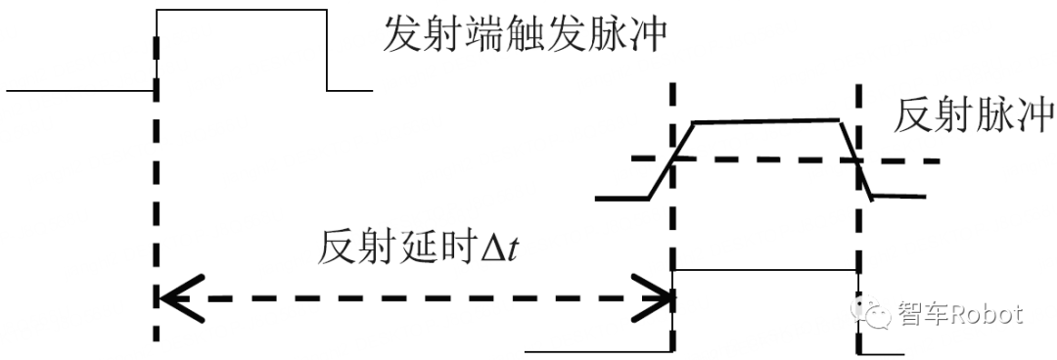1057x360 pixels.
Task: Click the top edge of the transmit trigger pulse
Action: (241, 10)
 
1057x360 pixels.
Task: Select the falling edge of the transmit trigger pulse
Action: (326, 49)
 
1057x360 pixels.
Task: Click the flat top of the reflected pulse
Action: (766, 121)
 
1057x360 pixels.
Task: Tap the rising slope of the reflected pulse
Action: (671, 160)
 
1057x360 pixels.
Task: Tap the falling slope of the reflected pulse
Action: (855, 157)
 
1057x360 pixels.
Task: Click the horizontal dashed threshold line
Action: (763, 159)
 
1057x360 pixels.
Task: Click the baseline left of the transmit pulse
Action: (78, 91)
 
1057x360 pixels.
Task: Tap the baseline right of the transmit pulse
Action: (349, 91)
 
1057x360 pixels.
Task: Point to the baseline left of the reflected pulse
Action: (621, 199)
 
